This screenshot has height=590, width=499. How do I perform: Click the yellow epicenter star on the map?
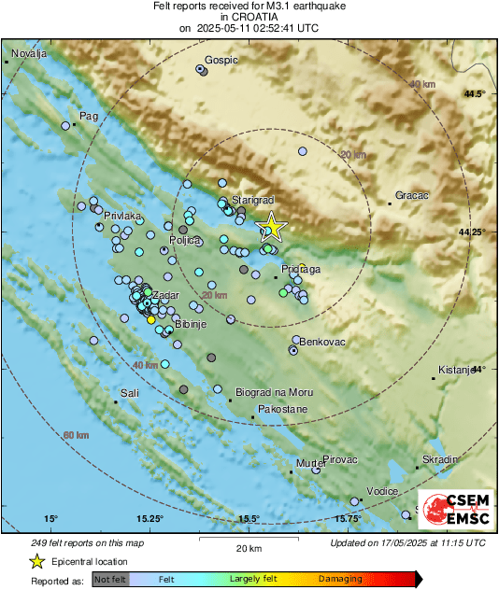(x=271, y=227)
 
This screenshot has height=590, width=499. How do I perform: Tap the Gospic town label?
(x=221, y=60)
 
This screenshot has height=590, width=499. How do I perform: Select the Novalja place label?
(x=28, y=53)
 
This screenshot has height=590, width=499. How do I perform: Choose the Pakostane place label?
(x=281, y=409)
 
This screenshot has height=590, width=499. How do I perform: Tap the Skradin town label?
(x=440, y=460)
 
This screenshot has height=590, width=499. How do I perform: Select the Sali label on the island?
(x=130, y=394)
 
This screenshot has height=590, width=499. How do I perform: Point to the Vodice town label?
(x=382, y=491)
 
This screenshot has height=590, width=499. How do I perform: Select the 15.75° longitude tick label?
(x=349, y=519)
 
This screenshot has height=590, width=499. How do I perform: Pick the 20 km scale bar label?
(x=248, y=547)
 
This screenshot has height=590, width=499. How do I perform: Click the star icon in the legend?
(x=36, y=562)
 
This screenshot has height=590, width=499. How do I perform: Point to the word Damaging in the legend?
(x=341, y=580)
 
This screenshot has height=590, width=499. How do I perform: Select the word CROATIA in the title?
(x=249, y=17)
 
